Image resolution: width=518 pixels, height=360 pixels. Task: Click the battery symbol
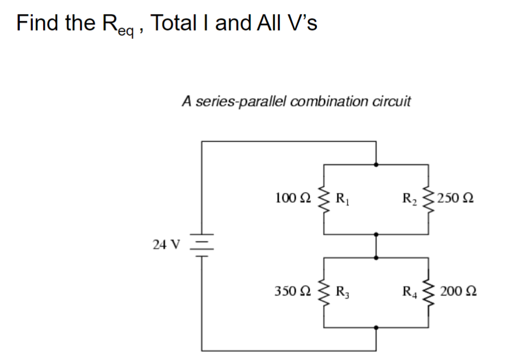pyautogui.click(x=202, y=243)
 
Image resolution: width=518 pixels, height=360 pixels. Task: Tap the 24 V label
pyautogui.click(x=166, y=244)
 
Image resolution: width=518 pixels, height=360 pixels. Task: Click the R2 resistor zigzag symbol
pyautogui.click(x=428, y=198)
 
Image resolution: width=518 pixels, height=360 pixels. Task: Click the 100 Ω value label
pyautogui.click(x=293, y=198)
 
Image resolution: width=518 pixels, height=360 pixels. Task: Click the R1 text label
pyautogui.click(x=343, y=198)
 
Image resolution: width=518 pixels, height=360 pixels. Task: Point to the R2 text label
pyautogui.click(x=410, y=198)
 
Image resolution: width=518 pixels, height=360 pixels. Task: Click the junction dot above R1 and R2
pyautogui.click(x=376, y=164)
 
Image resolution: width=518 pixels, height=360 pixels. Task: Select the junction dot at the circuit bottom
pyautogui.click(x=376, y=328)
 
